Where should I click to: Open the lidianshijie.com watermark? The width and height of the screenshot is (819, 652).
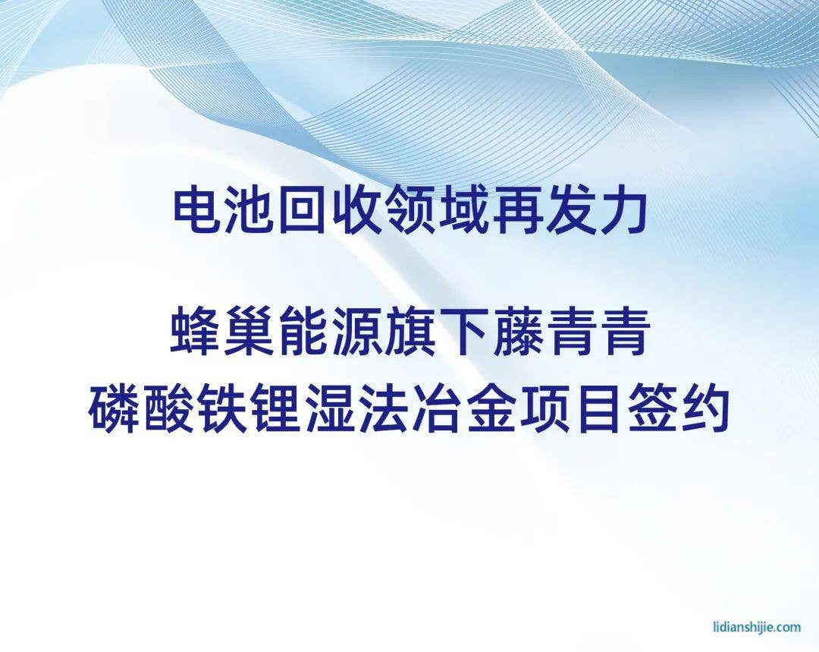point(757,626)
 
